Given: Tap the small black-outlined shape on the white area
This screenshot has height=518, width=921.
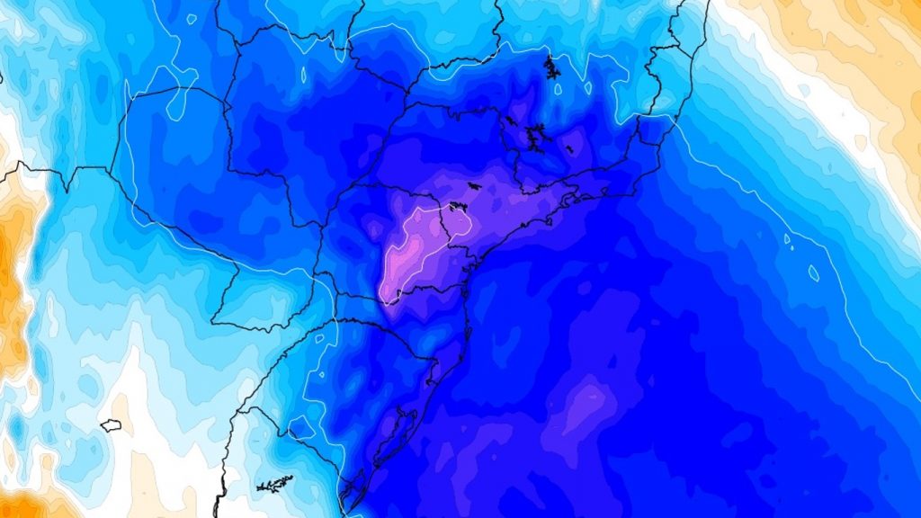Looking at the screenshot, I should coord(111,424).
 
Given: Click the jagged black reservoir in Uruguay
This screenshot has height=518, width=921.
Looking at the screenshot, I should coord(274,484).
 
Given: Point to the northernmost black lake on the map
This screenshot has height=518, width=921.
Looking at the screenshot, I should coord(551,67).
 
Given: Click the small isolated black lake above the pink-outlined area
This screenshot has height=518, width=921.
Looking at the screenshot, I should coord(475,186).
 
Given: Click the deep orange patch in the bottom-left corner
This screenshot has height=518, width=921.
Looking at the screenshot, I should coord(22,504).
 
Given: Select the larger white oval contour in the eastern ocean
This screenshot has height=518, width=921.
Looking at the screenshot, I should coord(814,272).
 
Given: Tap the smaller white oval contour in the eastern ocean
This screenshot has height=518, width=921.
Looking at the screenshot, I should coord(788,240).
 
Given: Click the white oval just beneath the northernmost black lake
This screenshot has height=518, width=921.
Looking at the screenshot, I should coord(558,89).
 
